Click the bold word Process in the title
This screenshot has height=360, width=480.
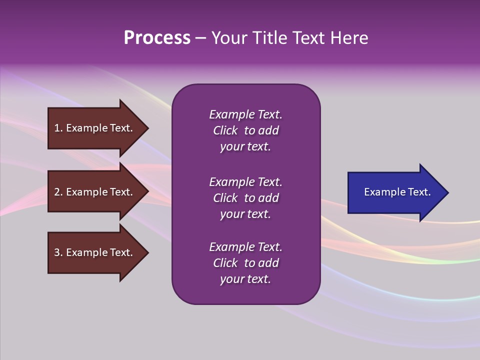(x=157, y=38)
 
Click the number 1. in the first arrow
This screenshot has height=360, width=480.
(x=58, y=128)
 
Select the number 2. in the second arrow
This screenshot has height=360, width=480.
(x=58, y=192)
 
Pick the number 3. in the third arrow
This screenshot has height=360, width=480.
(x=58, y=252)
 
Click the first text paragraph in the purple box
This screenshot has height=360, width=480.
(x=245, y=130)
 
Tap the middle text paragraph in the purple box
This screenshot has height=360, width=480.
(x=245, y=198)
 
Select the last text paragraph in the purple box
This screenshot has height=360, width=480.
(x=245, y=263)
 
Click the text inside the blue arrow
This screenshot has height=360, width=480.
(x=397, y=192)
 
